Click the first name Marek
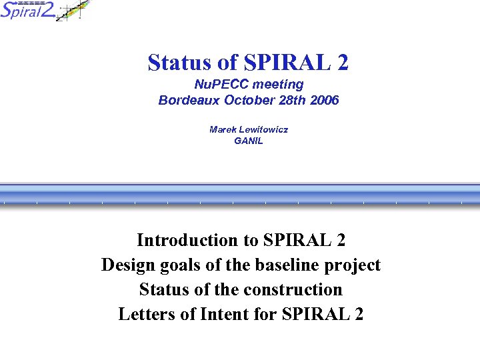click(223, 129)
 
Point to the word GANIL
click(249, 141)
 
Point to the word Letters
click(145, 314)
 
